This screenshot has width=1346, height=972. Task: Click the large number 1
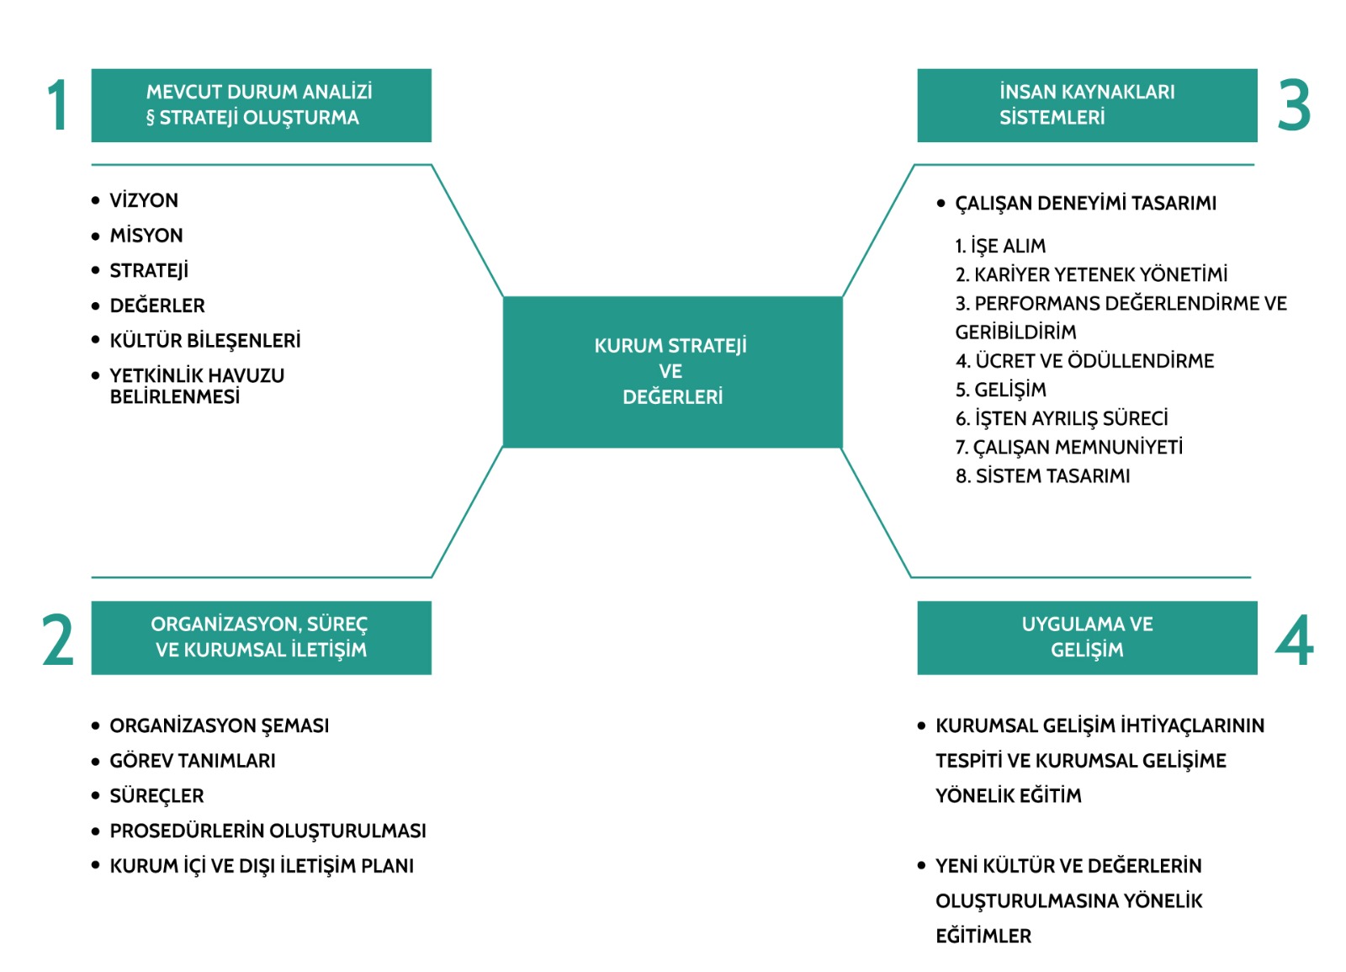click(57, 106)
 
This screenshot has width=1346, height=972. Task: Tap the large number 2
click(58, 640)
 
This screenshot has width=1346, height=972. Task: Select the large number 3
click(1294, 106)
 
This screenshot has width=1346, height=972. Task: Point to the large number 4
click(1295, 640)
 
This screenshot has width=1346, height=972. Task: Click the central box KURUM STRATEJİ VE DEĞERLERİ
click(672, 371)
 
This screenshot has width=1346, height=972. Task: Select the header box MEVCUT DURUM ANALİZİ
click(261, 105)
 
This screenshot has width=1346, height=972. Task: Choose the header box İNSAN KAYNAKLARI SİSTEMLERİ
click(1087, 105)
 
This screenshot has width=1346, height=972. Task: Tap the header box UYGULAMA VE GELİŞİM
click(1087, 637)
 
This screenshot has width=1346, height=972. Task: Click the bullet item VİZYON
click(144, 200)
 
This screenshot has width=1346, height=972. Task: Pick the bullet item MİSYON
click(146, 236)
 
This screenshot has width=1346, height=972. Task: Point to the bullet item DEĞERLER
click(157, 305)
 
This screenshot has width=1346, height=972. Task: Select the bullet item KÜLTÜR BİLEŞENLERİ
click(205, 341)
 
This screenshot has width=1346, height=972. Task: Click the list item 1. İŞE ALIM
click(1000, 246)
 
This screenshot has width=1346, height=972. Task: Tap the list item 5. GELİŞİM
click(1001, 390)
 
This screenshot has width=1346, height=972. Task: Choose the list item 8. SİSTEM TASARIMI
click(1042, 476)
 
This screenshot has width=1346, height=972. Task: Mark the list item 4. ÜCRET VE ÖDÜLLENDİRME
click(1084, 361)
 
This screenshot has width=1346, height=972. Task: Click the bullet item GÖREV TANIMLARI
click(193, 761)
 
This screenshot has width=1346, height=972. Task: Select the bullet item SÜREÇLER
click(156, 796)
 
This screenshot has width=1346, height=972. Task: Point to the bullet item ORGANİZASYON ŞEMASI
click(220, 725)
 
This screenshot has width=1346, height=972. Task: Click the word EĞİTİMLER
click(983, 936)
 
